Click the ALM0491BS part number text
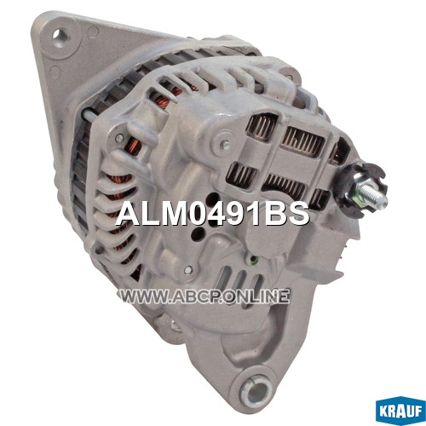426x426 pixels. click(x=212, y=214)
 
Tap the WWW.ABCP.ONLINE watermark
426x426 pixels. click(x=204, y=296)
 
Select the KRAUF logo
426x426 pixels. click(x=400, y=412)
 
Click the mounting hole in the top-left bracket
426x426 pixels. click(x=61, y=37)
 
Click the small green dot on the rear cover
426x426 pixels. click(x=254, y=258)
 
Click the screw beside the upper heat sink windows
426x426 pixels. click(x=225, y=143)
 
